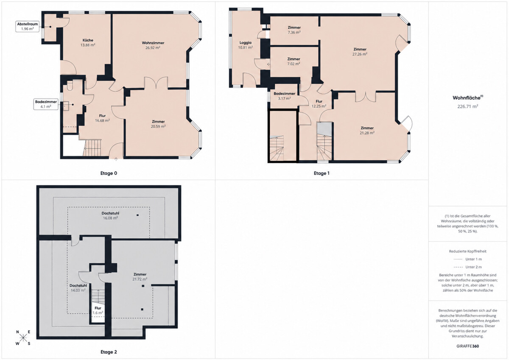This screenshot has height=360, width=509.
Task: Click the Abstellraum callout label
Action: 27,26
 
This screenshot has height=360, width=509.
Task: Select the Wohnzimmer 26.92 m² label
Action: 153,45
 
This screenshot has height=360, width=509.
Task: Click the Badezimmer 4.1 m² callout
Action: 46,104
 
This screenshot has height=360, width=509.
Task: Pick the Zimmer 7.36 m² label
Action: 294,30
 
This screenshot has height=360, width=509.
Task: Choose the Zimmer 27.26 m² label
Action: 360,52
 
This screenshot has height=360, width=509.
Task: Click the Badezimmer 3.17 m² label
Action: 284,96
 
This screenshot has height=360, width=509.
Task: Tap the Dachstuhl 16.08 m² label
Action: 110,215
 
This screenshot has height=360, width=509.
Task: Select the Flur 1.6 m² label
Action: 98,310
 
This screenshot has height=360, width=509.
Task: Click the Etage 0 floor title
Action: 109,173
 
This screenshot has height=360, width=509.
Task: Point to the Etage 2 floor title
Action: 109,352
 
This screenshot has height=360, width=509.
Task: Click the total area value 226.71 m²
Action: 467,106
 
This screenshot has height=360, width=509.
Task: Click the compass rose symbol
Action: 23,338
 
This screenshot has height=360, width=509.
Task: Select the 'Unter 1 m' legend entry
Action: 467,259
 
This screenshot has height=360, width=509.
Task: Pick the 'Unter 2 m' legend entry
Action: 467,267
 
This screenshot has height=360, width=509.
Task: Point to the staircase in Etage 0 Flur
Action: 92,148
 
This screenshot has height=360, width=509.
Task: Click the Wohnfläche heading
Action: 467,98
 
